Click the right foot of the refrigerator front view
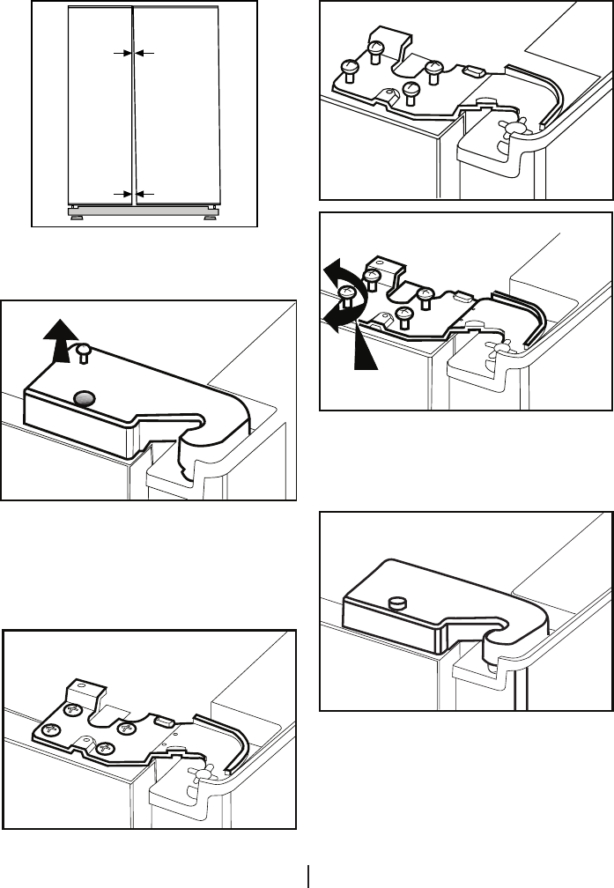click(211, 212)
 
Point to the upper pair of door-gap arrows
click(133, 54)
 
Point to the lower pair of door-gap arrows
click(133, 193)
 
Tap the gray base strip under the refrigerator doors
click(144, 211)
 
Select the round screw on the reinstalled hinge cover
click(396, 603)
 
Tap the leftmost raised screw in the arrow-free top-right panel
click(348, 67)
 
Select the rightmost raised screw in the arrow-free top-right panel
click(432, 70)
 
